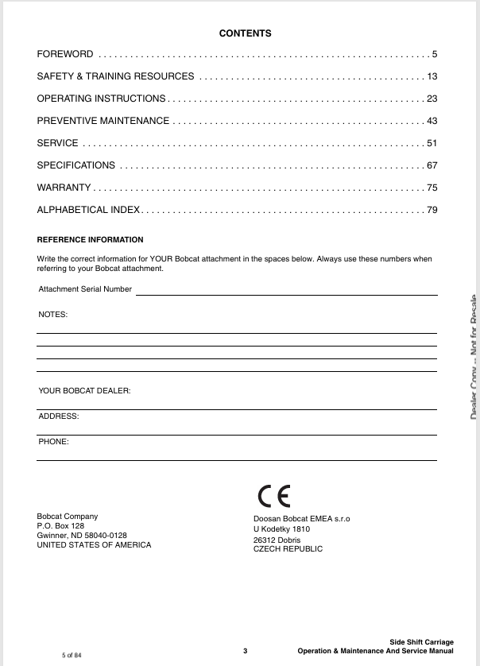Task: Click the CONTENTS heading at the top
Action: point(245,33)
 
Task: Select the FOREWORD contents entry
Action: point(65,54)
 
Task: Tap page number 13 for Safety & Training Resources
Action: point(432,76)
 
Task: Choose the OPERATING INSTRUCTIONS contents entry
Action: point(101,99)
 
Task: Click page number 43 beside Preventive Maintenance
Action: point(432,121)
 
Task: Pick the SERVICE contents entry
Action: point(58,143)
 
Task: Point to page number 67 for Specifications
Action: point(432,165)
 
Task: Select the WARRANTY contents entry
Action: point(64,188)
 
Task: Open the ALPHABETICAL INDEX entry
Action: point(88,210)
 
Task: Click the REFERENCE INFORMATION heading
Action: point(91,239)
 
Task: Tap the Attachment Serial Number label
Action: point(85,289)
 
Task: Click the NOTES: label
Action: point(53,315)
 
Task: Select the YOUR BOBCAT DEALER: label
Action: point(84,391)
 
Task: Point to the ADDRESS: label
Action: point(59,416)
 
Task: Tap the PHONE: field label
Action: point(54,441)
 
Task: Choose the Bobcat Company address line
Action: point(68,517)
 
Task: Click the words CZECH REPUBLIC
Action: point(288,549)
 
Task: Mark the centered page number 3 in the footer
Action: point(246,651)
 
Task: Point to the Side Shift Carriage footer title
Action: point(421,641)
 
